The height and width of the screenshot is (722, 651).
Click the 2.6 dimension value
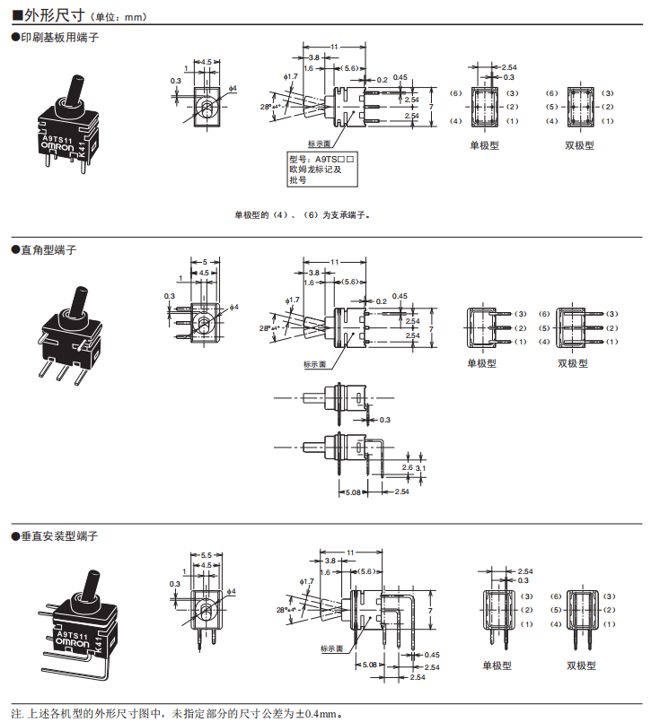pyautogui.click(x=407, y=467)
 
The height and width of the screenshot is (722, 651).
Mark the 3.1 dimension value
pyautogui.click(x=422, y=467)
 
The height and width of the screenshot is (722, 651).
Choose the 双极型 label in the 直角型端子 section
pyautogui.click(x=572, y=363)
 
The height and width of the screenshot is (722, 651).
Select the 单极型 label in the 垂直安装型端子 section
pyautogui.click(x=497, y=665)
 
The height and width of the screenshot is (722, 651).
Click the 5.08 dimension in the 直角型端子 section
pyautogui.click(x=353, y=492)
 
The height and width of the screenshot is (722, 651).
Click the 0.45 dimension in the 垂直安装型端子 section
pyautogui.click(x=432, y=656)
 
